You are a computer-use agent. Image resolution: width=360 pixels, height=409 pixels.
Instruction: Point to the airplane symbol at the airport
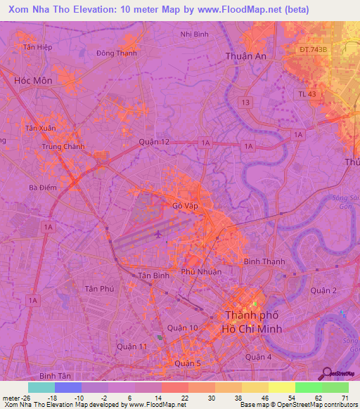(x=157, y=233)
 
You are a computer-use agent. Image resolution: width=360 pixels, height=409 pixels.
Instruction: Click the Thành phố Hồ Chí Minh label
(x=252, y=322)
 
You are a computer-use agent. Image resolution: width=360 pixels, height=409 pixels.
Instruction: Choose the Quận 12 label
(x=155, y=142)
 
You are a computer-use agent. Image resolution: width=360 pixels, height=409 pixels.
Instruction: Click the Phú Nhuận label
(x=201, y=271)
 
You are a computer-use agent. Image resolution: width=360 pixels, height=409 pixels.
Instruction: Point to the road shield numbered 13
(x=245, y=103)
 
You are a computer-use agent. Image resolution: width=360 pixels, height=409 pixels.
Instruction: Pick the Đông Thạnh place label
(x=117, y=53)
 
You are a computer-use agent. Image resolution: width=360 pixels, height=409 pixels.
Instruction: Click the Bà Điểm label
(x=42, y=188)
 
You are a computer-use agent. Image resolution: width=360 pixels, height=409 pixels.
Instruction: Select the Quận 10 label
(x=182, y=328)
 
